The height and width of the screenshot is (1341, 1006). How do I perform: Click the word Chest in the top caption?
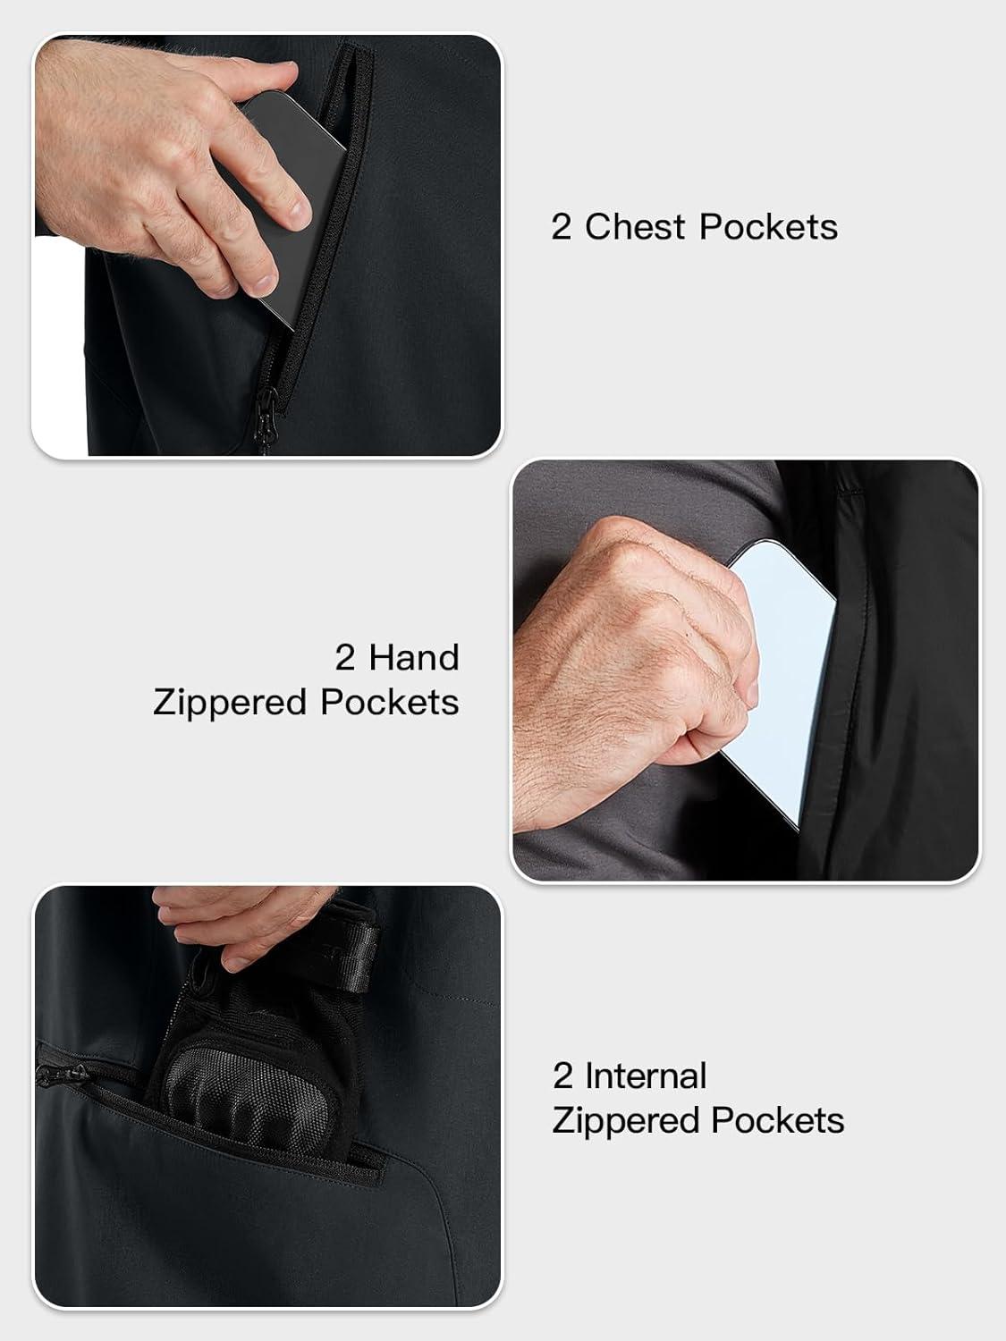[635, 227]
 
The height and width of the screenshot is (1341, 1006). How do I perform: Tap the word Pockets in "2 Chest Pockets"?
[768, 227]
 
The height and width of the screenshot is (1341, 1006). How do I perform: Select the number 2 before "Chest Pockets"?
[562, 227]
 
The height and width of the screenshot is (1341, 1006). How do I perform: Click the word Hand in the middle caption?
[413, 658]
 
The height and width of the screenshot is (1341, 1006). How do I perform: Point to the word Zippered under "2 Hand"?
[230, 704]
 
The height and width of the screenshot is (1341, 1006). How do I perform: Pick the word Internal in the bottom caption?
[646, 1075]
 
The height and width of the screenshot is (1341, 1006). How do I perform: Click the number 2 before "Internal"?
[562, 1075]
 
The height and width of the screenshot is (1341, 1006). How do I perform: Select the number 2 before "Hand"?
[345, 658]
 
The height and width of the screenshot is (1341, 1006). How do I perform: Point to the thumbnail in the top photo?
[265, 283]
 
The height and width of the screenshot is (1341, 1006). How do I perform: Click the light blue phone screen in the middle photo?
[784, 679]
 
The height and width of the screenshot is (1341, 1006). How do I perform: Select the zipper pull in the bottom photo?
[61, 1073]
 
